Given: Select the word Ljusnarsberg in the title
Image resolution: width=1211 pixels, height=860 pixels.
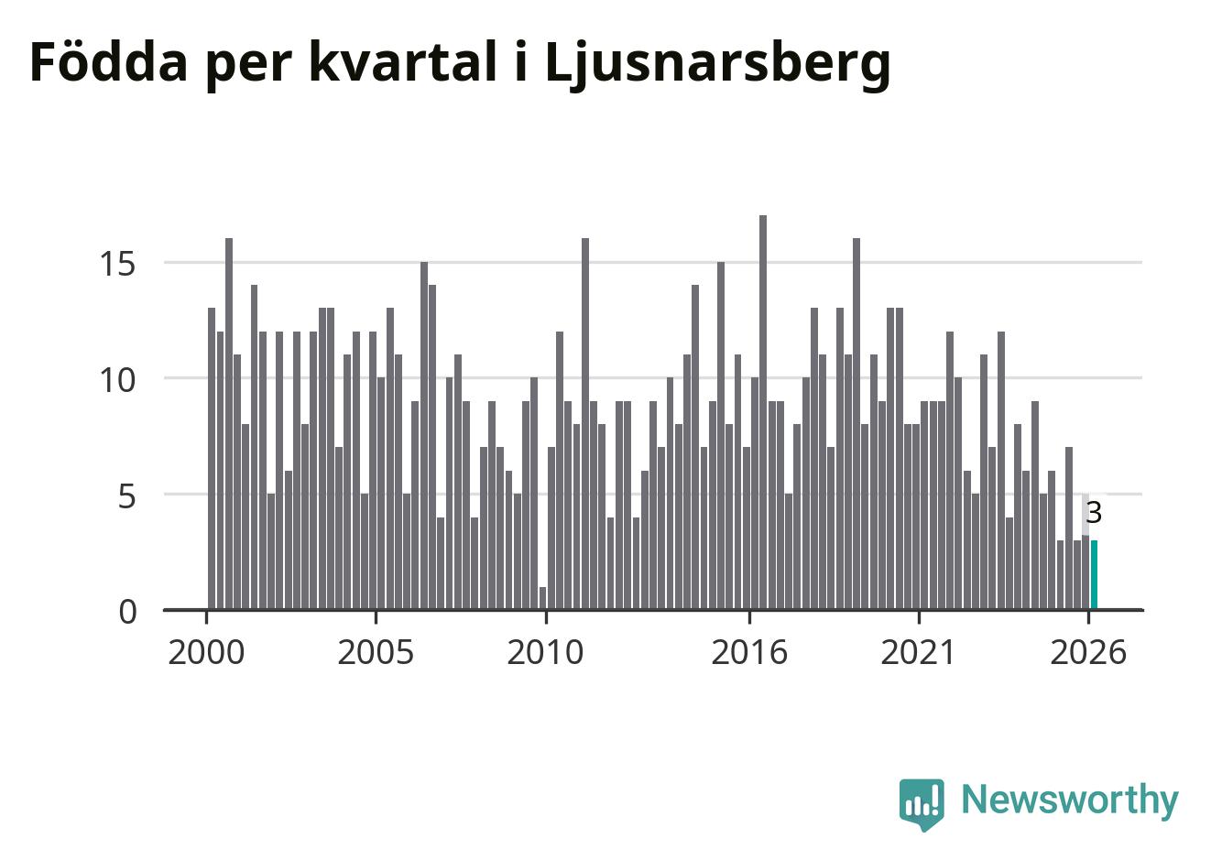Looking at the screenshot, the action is tap(717, 65).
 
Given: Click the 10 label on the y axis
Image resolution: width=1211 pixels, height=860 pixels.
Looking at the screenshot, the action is tap(117, 379).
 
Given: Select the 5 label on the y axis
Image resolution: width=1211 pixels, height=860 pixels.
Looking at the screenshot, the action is tap(126, 495).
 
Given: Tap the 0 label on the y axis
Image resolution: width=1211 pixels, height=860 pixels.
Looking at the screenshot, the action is tap(127, 613).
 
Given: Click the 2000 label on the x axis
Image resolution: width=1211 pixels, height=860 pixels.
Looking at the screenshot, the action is tap(206, 652).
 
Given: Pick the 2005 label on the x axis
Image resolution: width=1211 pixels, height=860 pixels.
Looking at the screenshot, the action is tap(376, 652).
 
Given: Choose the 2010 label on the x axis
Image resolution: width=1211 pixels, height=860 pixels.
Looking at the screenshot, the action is tap(545, 652).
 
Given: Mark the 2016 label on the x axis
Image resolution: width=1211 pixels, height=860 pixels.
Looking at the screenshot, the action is tap(749, 652).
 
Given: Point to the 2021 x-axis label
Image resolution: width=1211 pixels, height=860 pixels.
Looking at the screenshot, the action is tap(919, 652).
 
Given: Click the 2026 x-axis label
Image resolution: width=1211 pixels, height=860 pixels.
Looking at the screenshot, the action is tap(1088, 652).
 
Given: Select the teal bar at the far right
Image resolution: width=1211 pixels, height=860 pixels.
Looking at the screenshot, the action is tap(1094, 574).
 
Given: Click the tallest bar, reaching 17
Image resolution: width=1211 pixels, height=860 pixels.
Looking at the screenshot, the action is tap(763, 412).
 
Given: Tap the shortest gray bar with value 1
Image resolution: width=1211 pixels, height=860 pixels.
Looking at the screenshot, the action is tap(543, 598).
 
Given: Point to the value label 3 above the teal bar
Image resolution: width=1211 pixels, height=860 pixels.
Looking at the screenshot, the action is tap(1094, 513).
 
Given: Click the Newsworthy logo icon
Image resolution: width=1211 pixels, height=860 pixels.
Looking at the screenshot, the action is tap(922, 804).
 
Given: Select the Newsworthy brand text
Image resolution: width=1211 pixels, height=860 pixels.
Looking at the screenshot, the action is tap(1070, 800).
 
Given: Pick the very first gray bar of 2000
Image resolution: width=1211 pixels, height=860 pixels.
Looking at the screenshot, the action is tap(212, 459).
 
